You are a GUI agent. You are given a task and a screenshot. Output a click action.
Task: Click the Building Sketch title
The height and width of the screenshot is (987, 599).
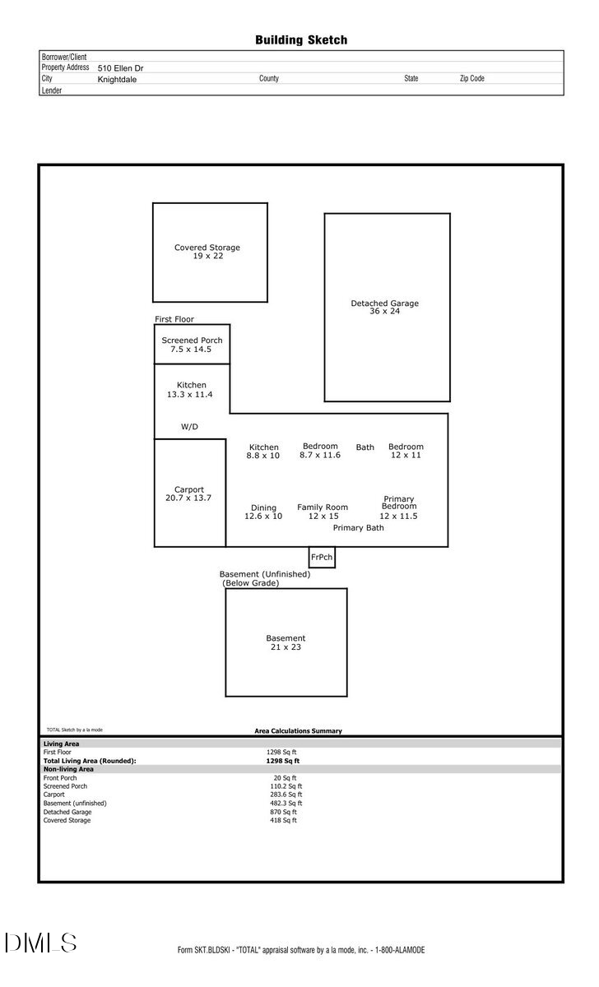coord(300,39)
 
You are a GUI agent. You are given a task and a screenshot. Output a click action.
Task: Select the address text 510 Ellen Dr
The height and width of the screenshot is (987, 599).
coord(120,69)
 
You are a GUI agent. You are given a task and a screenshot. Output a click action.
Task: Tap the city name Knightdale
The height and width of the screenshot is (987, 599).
coord(117,80)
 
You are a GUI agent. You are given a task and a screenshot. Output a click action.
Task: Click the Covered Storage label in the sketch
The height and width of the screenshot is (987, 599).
coord(207,248)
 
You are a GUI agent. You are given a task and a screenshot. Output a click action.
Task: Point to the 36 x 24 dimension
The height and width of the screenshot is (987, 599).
coord(384,312)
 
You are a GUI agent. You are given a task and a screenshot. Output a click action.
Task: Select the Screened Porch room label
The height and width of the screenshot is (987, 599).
coord(192,341)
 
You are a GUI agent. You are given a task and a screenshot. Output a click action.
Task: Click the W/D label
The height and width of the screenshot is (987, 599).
coord(189,427)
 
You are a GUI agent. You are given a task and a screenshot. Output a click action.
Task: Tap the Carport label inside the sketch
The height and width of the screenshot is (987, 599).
coord(189,489)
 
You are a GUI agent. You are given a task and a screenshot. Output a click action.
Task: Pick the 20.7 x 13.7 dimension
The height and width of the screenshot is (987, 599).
coord(189,498)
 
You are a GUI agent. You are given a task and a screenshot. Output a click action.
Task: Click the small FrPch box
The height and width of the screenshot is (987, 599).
coord(322,557)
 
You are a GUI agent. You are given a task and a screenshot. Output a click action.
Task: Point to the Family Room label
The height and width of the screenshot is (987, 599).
coord(323,507)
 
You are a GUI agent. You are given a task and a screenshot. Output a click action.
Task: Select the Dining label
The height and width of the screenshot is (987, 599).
coord(263,507)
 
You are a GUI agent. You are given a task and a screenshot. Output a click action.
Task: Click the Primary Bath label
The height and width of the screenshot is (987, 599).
coord(358,528)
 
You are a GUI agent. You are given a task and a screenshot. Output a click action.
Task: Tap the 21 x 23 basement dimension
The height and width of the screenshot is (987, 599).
coord(286,647)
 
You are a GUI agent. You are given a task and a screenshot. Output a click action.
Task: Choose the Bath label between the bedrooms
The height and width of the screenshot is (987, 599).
coord(365,447)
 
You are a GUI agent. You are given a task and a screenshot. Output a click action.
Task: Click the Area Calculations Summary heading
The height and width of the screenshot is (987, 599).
coord(298,730)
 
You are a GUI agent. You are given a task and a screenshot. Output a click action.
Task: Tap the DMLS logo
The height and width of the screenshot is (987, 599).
coord(40,943)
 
